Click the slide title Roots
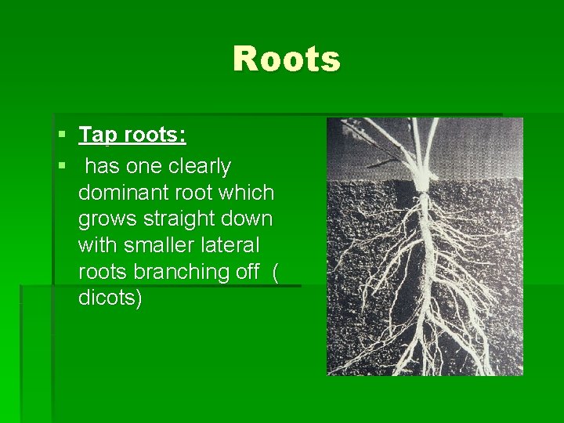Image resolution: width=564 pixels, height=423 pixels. [287, 60]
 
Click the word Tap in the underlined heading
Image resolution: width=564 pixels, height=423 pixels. [96, 136]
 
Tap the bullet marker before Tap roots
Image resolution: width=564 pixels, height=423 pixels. [62, 136]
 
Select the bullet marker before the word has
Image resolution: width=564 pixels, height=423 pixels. [62, 166]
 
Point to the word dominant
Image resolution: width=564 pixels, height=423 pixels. [124, 193]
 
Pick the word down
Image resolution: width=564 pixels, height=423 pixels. [248, 219]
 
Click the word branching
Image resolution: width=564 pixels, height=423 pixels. [180, 272]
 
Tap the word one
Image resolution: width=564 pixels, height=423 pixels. [139, 167]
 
